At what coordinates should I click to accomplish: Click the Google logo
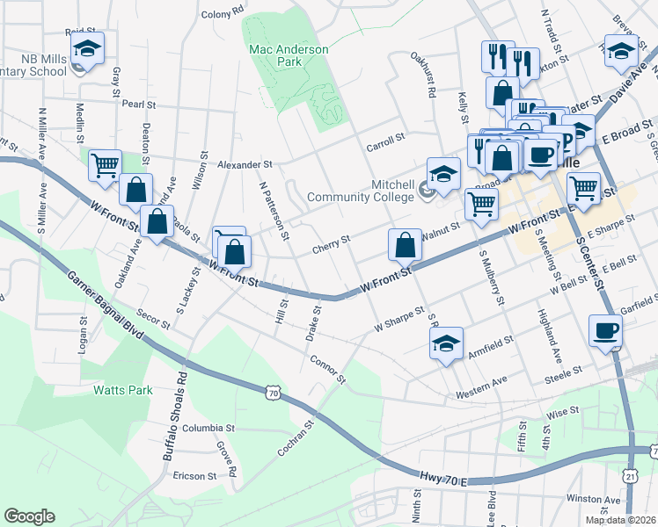(x=29, y=516)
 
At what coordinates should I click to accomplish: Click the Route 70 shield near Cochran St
(x=274, y=393)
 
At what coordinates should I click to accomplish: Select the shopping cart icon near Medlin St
(x=105, y=163)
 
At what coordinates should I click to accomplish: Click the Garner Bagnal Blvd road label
(x=105, y=307)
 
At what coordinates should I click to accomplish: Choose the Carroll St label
(x=385, y=138)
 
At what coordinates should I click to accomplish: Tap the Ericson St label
(x=194, y=476)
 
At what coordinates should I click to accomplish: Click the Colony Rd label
(x=222, y=13)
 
